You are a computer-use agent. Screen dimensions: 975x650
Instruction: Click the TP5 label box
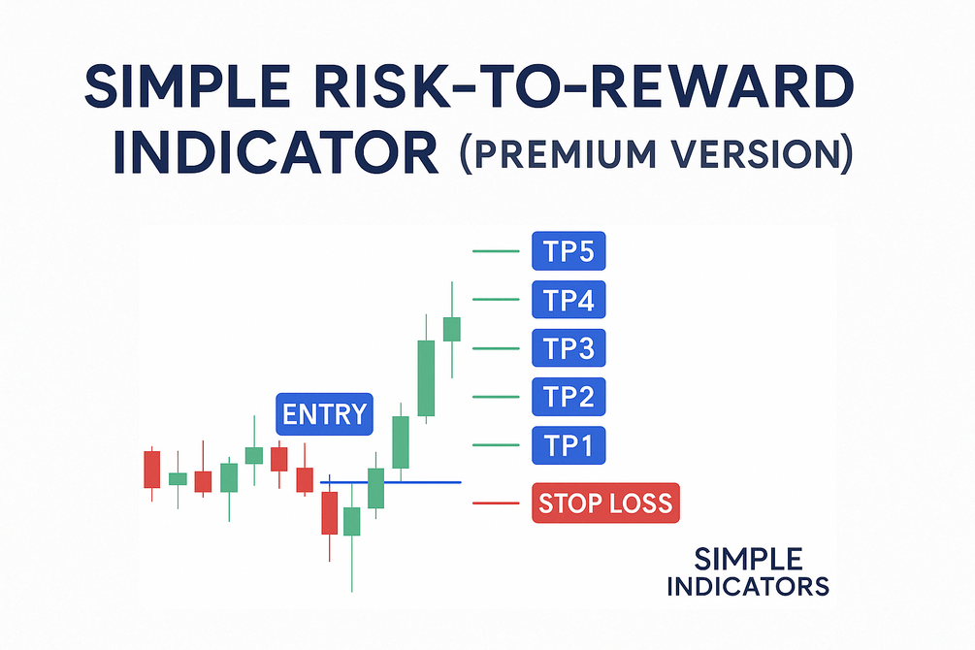569,250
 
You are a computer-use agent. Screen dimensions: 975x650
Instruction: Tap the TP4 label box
569,299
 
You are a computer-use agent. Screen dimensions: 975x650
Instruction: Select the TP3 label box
569,347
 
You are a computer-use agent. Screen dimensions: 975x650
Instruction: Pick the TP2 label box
569,396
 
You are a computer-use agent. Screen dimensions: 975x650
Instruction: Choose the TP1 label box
569,445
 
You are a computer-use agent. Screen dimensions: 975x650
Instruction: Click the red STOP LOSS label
605,503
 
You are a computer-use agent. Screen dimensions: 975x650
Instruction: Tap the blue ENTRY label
324,413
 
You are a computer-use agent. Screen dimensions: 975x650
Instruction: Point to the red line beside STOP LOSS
496,504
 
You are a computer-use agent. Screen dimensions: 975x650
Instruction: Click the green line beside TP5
496,251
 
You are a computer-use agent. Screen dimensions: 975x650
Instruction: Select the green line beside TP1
496,444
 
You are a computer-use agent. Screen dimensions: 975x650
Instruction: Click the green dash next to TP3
496,348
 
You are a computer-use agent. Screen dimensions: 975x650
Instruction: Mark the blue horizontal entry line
391,482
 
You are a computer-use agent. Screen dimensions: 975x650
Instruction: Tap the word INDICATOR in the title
276,152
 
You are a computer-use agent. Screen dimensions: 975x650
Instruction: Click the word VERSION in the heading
751,153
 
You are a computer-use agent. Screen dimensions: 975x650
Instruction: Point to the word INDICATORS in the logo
748,587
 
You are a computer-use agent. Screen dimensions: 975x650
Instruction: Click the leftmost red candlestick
151,470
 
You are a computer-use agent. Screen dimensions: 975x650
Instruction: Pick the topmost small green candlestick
452,329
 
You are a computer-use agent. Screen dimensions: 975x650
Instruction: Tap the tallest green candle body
426,378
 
